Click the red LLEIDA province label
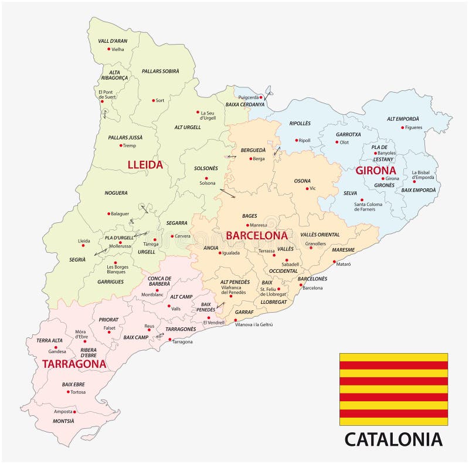click(145, 165)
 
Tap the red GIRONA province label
click(376, 171)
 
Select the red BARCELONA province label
click(257, 235)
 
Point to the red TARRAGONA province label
click(74, 364)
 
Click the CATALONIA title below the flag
click(393, 439)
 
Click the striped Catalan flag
click(393, 389)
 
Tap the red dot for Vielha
click(109, 49)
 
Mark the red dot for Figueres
click(403, 127)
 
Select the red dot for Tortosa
click(68, 392)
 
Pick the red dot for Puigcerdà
click(261, 97)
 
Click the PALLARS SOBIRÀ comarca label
click(161, 71)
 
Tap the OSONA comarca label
click(303, 181)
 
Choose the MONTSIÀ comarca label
click(64, 421)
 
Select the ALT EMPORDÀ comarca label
click(403, 118)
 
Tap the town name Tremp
click(130, 145)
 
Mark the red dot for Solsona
click(206, 178)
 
